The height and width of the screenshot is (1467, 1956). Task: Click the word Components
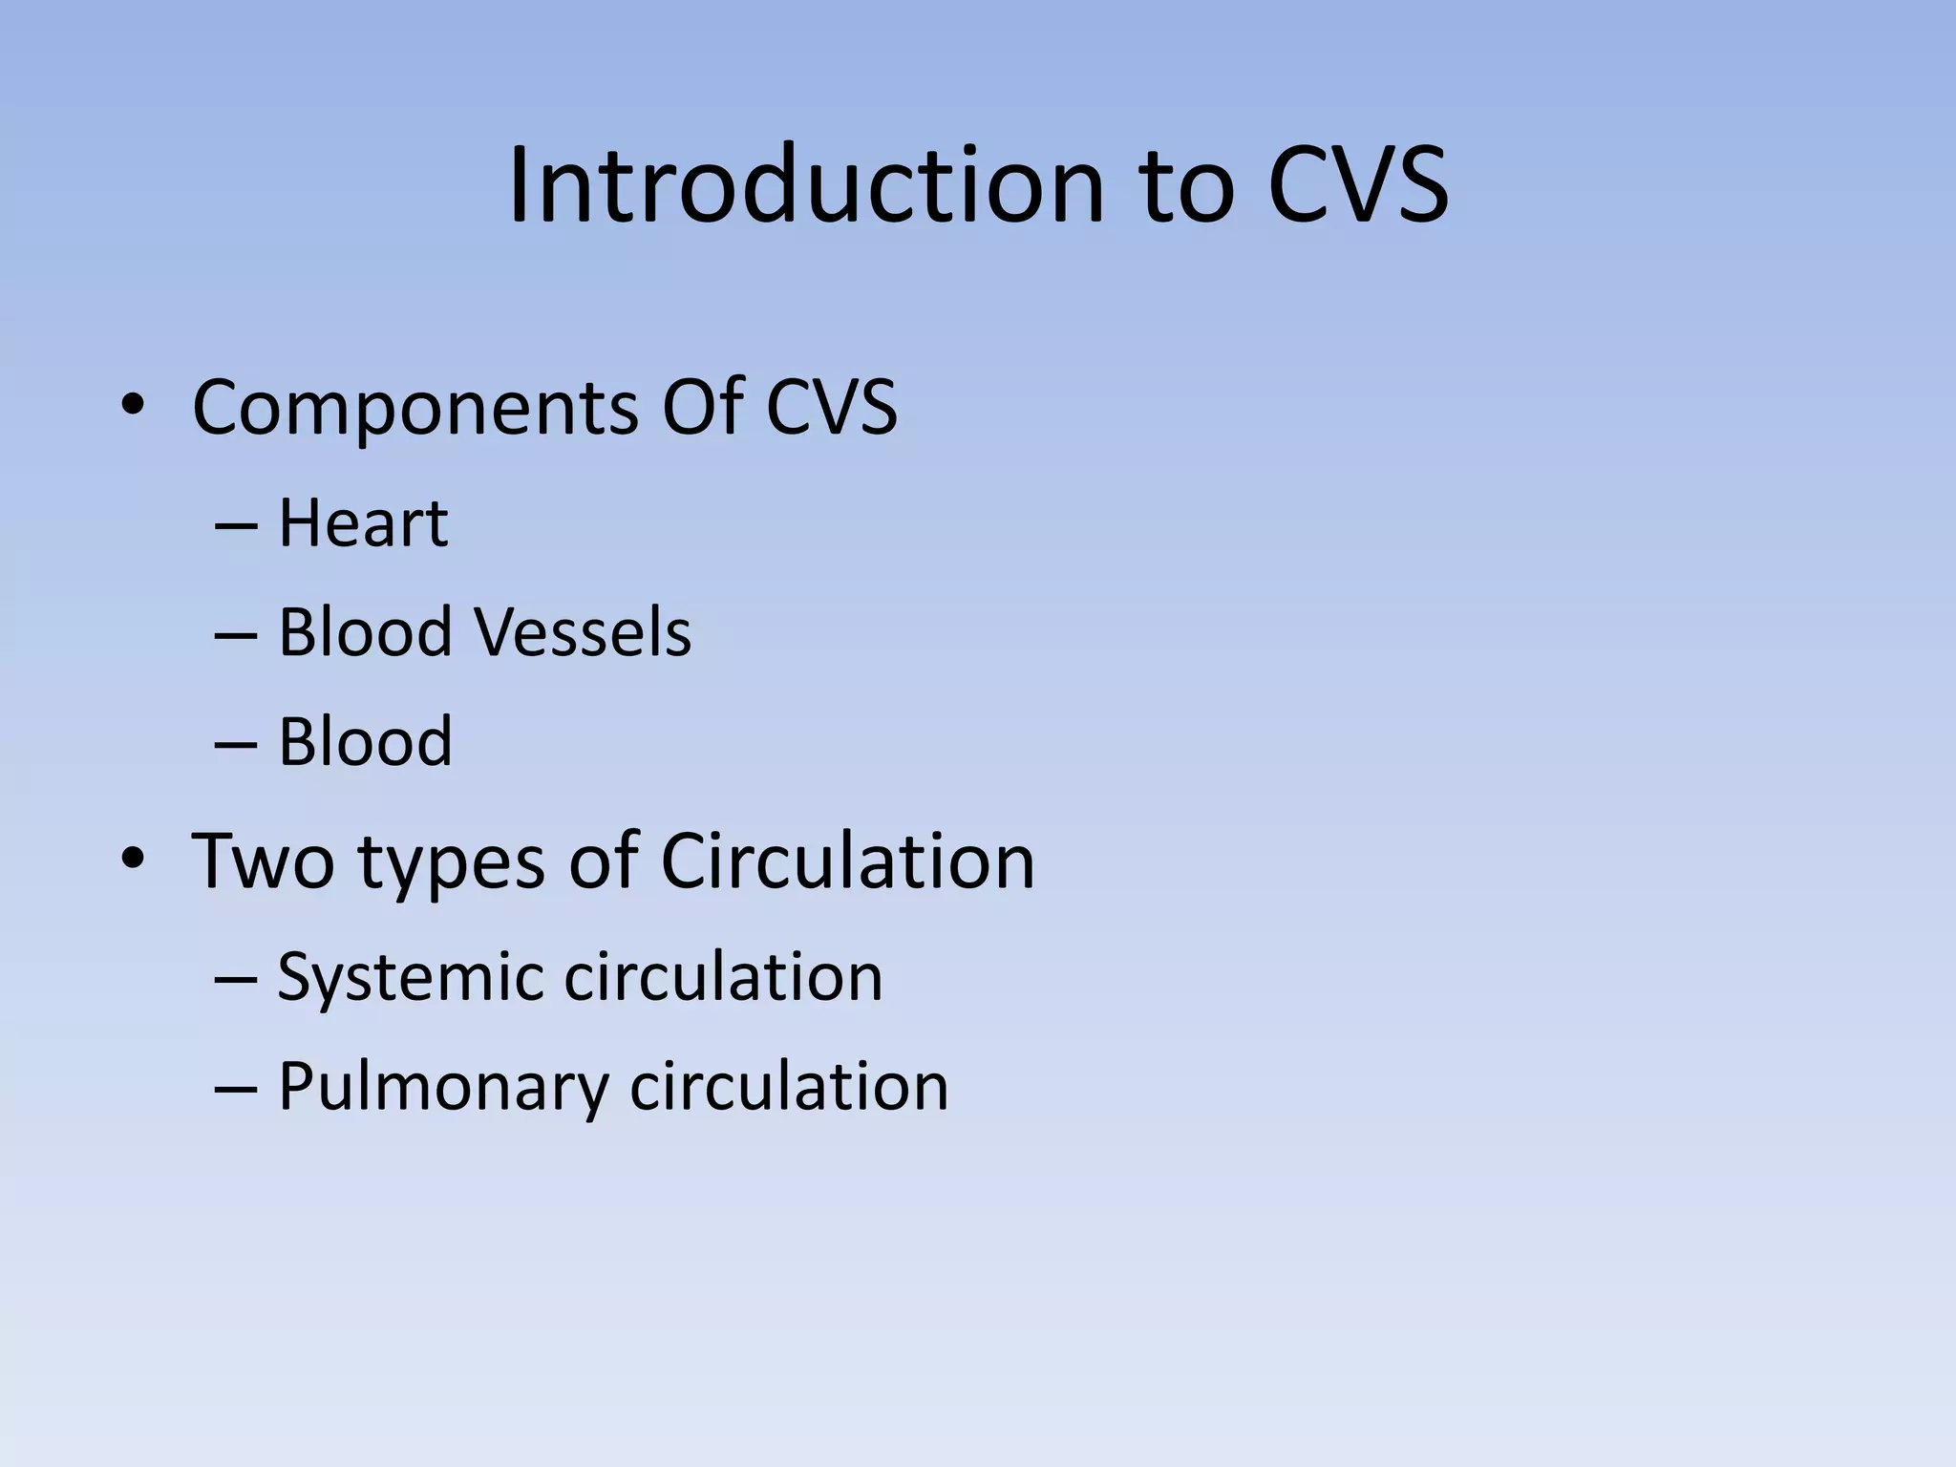click(415, 409)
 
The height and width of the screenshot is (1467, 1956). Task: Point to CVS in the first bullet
click(831, 407)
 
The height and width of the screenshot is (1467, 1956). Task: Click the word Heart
click(363, 524)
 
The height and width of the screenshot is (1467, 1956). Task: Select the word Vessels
click(583, 632)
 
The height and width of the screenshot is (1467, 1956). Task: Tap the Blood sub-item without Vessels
click(365, 742)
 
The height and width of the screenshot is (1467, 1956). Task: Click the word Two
click(263, 861)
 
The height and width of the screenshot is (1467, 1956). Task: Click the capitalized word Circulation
click(847, 861)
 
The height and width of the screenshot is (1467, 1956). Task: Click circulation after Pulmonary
click(789, 1087)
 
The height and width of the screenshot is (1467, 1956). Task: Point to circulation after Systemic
click(723, 977)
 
